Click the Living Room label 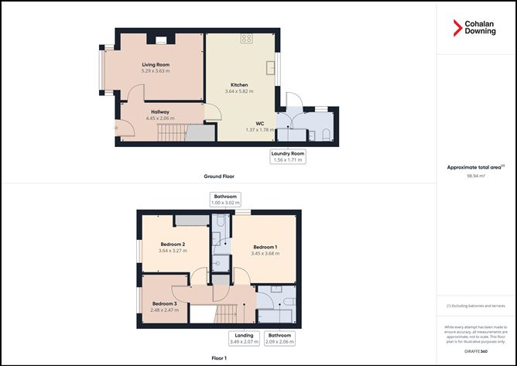[x=155, y=64]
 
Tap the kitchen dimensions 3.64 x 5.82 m [x=239, y=91]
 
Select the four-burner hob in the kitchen [x=247, y=38]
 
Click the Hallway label [x=160, y=112]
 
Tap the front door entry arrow [x=116, y=128]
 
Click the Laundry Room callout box [x=288, y=157]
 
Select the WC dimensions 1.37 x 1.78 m [x=261, y=129]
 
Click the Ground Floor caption [x=219, y=176]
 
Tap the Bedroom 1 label [x=265, y=248]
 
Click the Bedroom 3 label [x=165, y=303]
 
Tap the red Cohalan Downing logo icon [x=457, y=29]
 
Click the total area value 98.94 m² [x=477, y=176]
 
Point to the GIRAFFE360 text [x=477, y=351]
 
